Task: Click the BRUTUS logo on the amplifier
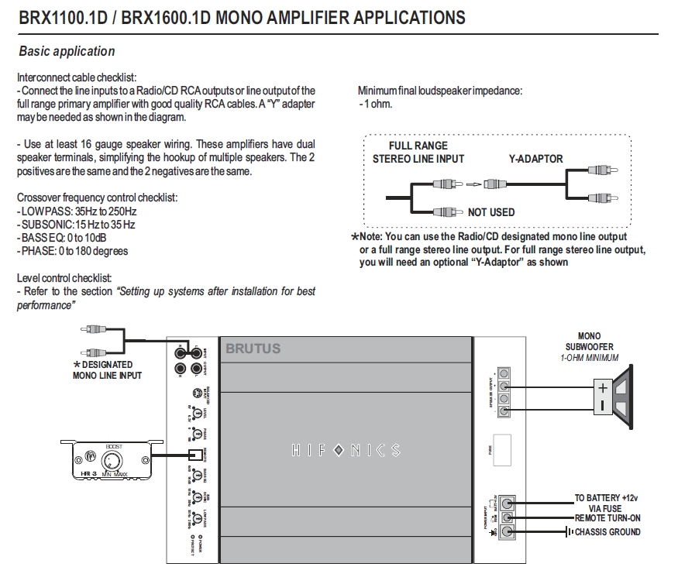pyautogui.click(x=253, y=349)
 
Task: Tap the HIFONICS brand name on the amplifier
pyautogui.click(x=346, y=450)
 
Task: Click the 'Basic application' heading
pyautogui.click(x=66, y=52)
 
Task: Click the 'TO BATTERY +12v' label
pyautogui.click(x=607, y=498)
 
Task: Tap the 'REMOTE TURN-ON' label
pyautogui.click(x=607, y=517)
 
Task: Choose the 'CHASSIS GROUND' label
pyautogui.click(x=607, y=532)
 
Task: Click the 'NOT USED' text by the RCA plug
pyautogui.click(x=490, y=212)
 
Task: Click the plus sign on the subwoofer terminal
pyautogui.click(x=602, y=388)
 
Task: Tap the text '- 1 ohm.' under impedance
pyautogui.click(x=376, y=104)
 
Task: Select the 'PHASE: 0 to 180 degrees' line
pyautogui.click(x=72, y=251)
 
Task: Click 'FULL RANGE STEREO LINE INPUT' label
pyautogui.click(x=418, y=152)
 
